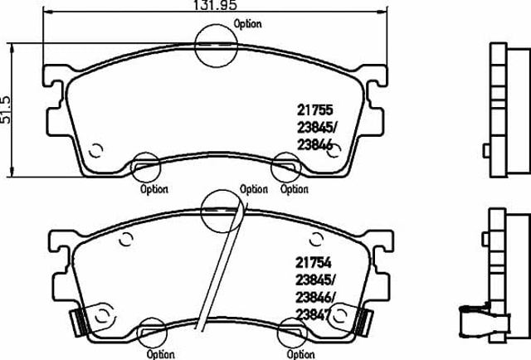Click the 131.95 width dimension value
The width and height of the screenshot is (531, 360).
pyautogui.click(x=216, y=5)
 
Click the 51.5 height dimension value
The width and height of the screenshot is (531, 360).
pyautogui.click(x=6, y=109)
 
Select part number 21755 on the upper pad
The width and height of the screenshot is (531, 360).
pyautogui.click(x=315, y=110)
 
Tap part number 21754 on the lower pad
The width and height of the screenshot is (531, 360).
pyautogui.click(x=314, y=262)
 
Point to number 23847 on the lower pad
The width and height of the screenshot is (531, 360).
pyautogui.click(x=313, y=315)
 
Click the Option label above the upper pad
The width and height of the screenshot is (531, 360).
pyautogui.click(x=248, y=24)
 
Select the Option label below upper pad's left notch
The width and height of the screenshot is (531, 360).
pyautogui.click(x=154, y=189)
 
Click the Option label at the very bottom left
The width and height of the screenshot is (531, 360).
pyautogui.click(x=160, y=354)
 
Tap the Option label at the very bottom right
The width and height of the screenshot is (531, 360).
pyautogui.click(x=300, y=354)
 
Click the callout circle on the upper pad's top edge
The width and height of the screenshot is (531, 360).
pyautogui.click(x=196, y=46)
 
